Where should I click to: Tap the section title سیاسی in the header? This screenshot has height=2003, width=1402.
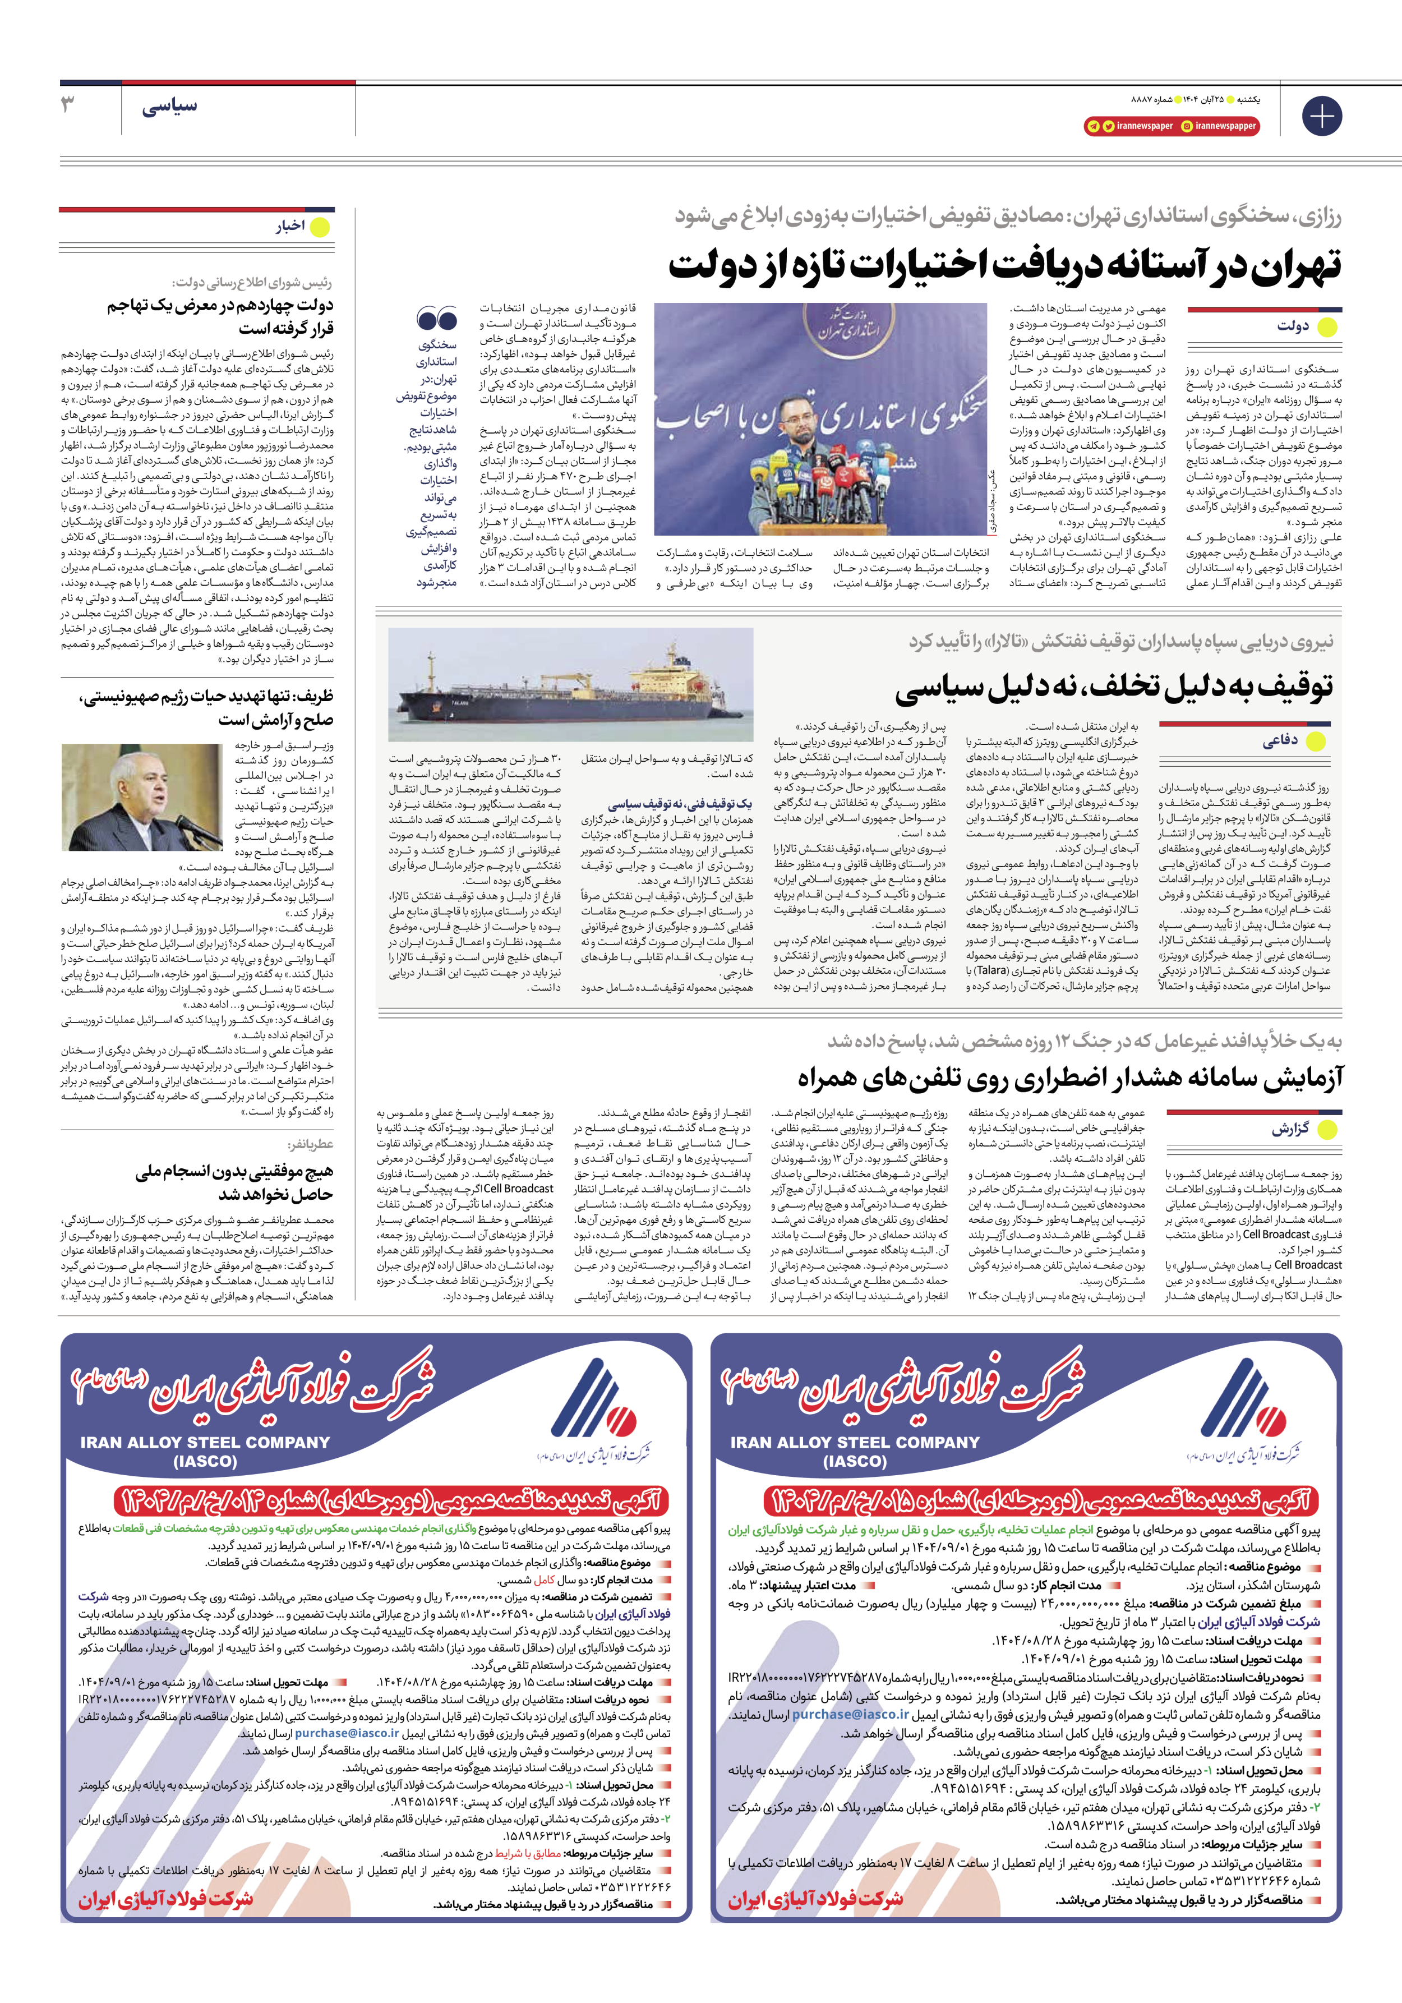point(169,105)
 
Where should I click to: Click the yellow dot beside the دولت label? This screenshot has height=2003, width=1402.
point(1327,327)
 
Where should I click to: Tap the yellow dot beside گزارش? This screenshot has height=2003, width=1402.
point(1327,1129)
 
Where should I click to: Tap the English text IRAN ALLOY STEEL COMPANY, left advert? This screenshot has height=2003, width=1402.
point(206,1443)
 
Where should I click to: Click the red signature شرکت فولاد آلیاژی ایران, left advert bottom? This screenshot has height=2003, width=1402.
point(166,1900)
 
